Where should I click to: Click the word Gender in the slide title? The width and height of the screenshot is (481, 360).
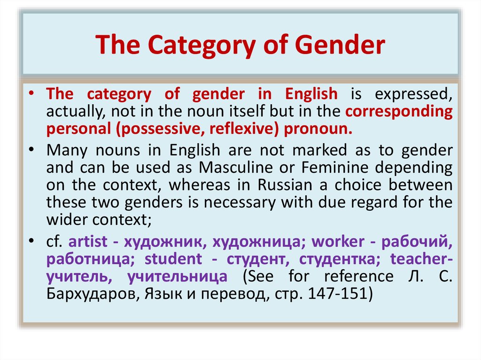pyautogui.click(x=340, y=45)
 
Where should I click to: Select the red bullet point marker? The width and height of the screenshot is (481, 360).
pyautogui.click(x=31, y=93)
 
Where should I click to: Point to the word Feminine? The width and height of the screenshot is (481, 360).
pyautogui.click(x=334, y=168)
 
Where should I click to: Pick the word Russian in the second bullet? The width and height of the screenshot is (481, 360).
pyautogui.click(x=285, y=185)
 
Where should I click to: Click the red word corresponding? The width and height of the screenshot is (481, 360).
pyautogui.click(x=399, y=112)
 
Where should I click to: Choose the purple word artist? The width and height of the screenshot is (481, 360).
pyautogui.click(x=88, y=241)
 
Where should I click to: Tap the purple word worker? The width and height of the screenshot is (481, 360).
pyautogui.click(x=338, y=241)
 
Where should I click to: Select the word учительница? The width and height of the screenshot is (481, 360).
pyautogui.click(x=177, y=276)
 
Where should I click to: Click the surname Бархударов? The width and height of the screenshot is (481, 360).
pyautogui.click(x=93, y=294)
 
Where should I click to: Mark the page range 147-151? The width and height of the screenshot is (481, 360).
pyautogui.click(x=337, y=293)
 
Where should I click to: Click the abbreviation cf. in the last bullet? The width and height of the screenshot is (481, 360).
pyautogui.click(x=54, y=241)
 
